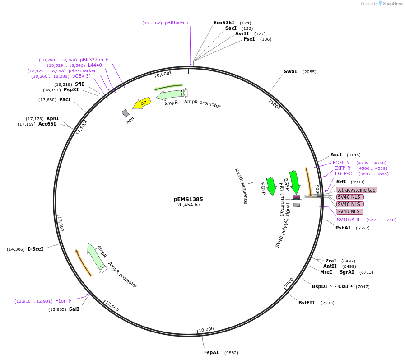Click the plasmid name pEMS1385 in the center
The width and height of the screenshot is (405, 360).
[188, 199]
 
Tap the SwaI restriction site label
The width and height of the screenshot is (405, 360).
[290, 71]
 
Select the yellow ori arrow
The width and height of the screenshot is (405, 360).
[142, 103]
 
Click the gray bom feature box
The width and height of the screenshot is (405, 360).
[126, 113]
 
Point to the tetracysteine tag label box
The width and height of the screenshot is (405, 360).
[356, 190]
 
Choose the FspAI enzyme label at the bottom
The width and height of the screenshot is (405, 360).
[211, 352]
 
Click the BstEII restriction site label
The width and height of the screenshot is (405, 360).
[306, 303]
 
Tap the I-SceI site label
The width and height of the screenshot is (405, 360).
[36, 249]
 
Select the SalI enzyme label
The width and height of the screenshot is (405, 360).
[74, 309]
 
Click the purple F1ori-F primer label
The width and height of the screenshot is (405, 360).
[64, 301]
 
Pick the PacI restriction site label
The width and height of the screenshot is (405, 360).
[65, 99]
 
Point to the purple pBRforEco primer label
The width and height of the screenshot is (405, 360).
[176, 23]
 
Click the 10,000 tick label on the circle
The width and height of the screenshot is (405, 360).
[206, 329]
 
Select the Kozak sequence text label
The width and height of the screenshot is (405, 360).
[241, 186]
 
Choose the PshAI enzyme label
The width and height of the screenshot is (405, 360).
[343, 228]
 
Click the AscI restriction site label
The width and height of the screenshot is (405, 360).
[336, 154]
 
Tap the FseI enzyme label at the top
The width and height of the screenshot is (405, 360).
[249, 39]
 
